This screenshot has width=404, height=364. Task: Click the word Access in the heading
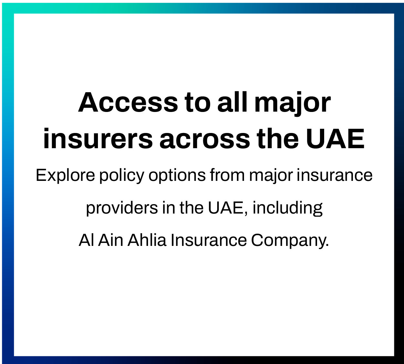[128, 102]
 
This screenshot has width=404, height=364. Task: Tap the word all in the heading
[232, 102]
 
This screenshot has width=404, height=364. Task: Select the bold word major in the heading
[292, 104]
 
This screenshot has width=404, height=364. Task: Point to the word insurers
[98, 139]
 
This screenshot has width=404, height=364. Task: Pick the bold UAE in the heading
[335, 139]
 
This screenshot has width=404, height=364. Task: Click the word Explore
[65, 176]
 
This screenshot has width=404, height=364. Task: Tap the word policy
[122, 176]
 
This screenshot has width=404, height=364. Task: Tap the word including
[288, 208]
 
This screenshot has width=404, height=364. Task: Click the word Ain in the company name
[111, 240]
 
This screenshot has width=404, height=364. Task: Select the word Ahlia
[147, 240]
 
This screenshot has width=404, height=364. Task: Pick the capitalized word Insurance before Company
[209, 240]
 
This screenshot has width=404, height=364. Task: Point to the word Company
[290, 241]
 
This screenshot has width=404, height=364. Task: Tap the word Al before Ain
[86, 240]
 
